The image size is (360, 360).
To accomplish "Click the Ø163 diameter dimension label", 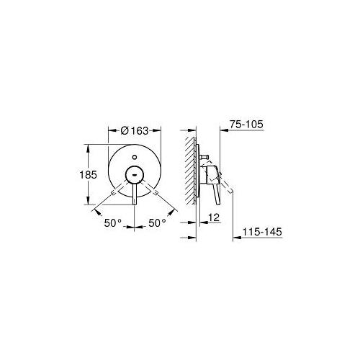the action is pyautogui.click(x=135, y=131).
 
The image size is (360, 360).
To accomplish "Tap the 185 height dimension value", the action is pyautogui.click(x=88, y=175).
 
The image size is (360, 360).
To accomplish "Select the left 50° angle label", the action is pyautogui.click(x=113, y=223).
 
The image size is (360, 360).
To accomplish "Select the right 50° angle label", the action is pyautogui.click(x=157, y=223).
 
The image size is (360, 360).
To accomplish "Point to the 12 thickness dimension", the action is pyautogui.click(x=214, y=217).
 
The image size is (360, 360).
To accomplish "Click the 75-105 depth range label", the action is pyautogui.click(x=246, y=125).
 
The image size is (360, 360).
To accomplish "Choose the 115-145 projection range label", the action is pyautogui.click(x=262, y=232).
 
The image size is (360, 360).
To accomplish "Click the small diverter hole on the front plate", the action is pyautogui.click(x=135, y=158).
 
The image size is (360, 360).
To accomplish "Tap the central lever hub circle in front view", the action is pyautogui.click(x=135, y=175).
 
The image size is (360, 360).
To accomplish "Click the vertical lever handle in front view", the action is pyautogui.click(x=135, y=194).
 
